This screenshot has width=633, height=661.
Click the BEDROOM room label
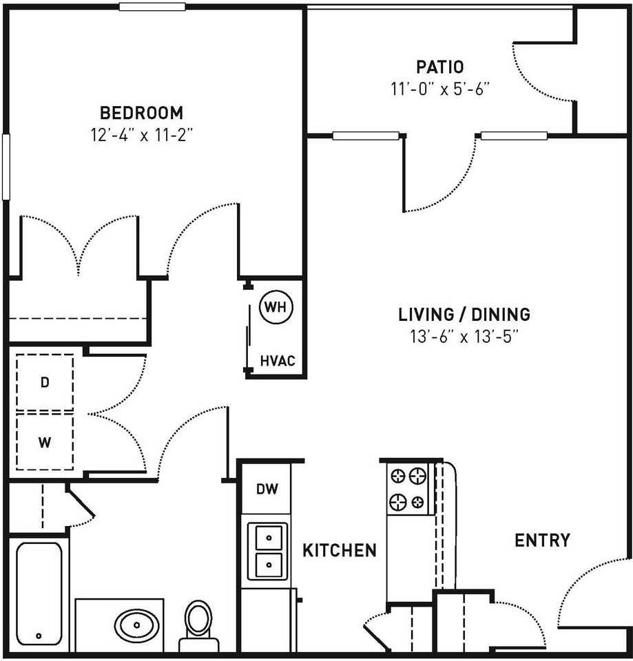[x=141, y=112]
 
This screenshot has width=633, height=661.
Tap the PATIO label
[x=439, y=67]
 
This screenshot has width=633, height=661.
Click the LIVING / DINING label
[x=464, y=315]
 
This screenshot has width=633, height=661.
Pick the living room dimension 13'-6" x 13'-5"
[x=464, y=337]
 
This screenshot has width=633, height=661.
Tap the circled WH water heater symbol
[x=276, y=307]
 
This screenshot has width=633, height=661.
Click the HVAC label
[x=278, y=360]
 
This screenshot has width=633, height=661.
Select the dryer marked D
[x=45, y=383]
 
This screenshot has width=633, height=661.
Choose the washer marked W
[x=45, y=441]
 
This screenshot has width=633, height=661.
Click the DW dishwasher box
[x=267, y=490]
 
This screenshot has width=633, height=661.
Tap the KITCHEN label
[x=340, y=550]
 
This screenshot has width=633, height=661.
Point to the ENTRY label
[x=542, y=541]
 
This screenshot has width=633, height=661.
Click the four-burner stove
[x=408, y=489]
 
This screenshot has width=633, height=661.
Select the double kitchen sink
[x=267, y=551]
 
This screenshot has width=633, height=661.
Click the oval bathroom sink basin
[x=136, y=626]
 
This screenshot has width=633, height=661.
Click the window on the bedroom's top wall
[x=152, y=7]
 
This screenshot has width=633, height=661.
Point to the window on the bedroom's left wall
[x=6, y=167]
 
